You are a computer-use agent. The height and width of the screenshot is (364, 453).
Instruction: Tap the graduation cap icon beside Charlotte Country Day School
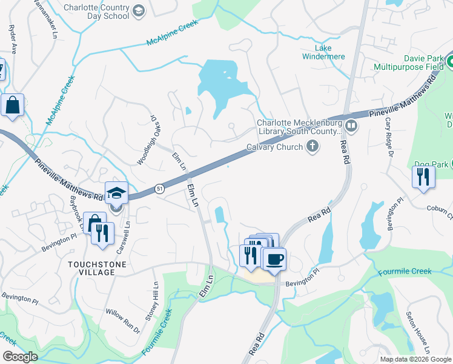(139, 11)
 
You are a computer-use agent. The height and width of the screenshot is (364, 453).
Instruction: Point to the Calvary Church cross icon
(312, 146)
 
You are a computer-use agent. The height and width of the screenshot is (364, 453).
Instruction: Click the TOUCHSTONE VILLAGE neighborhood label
(91, 268)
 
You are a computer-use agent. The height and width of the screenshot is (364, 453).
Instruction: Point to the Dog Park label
(431, 164)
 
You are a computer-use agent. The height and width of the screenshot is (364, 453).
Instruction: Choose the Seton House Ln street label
(418, 334)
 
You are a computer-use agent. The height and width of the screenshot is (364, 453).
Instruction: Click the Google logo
(20, 356)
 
